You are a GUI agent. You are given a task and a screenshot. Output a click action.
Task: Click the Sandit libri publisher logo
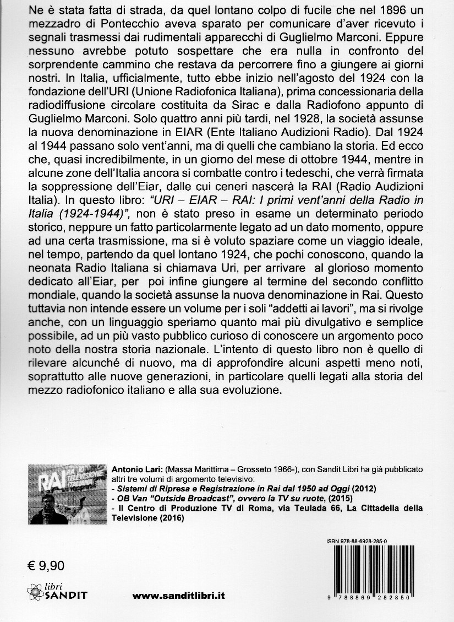(56, 591)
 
